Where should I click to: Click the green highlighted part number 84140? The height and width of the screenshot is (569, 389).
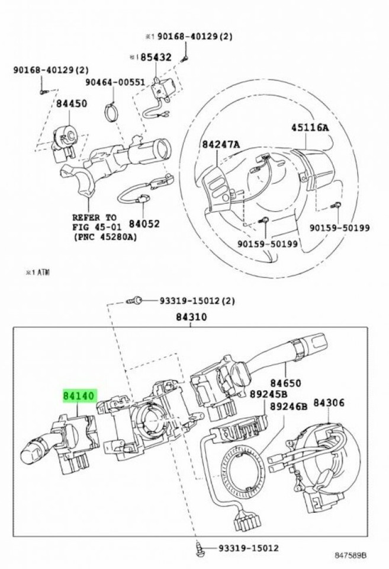click(79, 395)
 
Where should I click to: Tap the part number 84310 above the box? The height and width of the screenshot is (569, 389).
click(191, 317)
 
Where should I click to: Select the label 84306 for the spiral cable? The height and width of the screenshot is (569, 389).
click(329, 403)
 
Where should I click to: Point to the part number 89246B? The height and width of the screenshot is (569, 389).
click(289, 407)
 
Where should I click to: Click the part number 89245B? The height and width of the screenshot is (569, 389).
click(285, 394)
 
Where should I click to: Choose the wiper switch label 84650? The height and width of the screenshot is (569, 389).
click(286, 383)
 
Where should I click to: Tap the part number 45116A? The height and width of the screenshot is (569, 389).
click(310, 127)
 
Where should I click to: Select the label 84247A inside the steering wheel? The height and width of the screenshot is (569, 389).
click(220, 144)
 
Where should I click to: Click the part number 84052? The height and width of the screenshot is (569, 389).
click(144, 224)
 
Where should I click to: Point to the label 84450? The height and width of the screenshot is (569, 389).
click(72, 103)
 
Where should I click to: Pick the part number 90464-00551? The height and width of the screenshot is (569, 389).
click(114, 82)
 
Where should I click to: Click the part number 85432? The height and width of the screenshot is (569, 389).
click(155, 57)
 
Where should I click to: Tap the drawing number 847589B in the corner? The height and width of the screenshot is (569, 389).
click(351, 555)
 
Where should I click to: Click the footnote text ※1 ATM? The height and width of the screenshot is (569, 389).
click(37, 272)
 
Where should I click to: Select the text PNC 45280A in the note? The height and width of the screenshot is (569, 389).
click(105, 237)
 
